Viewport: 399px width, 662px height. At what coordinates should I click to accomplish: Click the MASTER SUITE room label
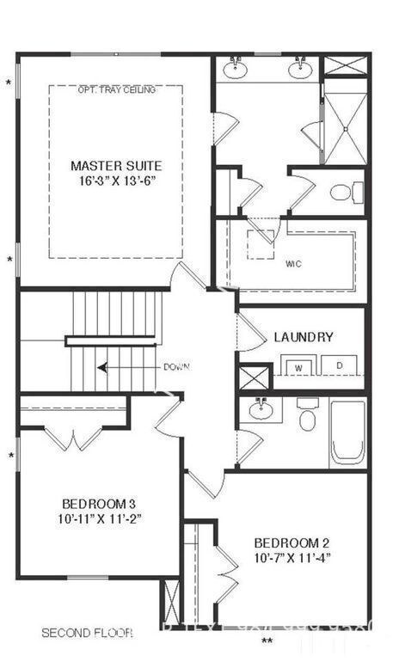pyautogui.click(x=115, y=165)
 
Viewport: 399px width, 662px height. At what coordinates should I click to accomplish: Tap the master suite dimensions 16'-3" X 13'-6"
pyautogui.click(x=115, y=181)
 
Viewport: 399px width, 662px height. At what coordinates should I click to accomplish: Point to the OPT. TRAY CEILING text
pyautogui.click(x=115, y=89)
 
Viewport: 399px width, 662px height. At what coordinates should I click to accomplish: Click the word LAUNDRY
pyautogui.click(x=304, y=337)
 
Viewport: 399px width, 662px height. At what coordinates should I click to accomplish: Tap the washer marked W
pyautogui.click(x=300, y=366)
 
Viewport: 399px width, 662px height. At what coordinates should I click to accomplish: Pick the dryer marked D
pyautogui.click(x=339, y=365)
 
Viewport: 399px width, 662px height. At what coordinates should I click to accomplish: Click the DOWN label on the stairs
pyautogui.click(x=176, y=367)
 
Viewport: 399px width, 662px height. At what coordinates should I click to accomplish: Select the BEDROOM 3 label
pyautogui.click(x=99, y=503)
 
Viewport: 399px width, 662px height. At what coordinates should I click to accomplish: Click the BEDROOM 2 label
pyautogui.click(x=292, y=542)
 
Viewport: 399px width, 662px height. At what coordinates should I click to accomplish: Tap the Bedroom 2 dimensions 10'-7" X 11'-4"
pyautogui.click(x=292, y=558)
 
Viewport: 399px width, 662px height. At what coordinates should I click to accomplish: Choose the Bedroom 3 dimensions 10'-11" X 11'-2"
pyautogui.click(x=99, y=518)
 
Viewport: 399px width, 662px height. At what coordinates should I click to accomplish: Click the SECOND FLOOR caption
pyautogui.click(x=87, y=633)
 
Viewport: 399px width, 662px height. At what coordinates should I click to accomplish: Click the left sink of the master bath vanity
pyautogui.click(x=234, y=69)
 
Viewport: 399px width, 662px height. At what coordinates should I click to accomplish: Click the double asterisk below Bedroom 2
pyautogui.click(x=267, y=641)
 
